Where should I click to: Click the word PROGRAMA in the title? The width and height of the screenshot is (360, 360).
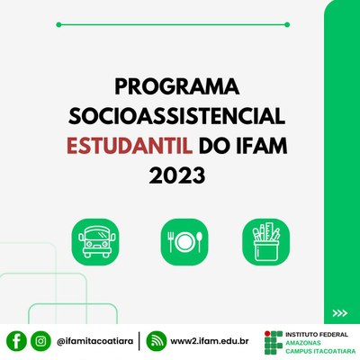pos(176,86)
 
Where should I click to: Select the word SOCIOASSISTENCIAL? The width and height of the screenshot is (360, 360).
pos(176,116)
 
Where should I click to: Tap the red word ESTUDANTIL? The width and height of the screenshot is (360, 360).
pos(130,146)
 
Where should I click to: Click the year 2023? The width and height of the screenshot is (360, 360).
pos(177,175)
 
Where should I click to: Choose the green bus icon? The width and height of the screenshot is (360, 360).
pos(95,242)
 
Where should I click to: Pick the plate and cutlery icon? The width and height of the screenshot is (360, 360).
pos(184,242)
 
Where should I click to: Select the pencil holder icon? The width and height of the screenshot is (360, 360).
pos(265,242)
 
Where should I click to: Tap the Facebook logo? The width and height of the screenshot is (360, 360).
pos(16,341)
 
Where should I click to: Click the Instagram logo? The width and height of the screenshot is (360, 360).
pos(40,341)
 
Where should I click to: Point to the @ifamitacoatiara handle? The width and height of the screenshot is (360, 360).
pos(94,341)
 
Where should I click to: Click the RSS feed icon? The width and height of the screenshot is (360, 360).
pos(157,341)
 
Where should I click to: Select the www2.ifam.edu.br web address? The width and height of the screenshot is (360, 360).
pos(210,341)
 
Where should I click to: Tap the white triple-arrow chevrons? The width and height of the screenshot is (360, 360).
pos(340,313)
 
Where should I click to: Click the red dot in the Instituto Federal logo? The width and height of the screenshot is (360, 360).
pos(267,334)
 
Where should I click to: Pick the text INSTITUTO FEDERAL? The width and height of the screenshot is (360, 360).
pos(317,334)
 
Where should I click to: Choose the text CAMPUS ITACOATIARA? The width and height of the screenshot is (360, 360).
pos(320,351)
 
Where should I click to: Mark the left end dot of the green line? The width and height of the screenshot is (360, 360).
pos(58,24)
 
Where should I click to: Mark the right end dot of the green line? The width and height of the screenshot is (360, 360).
pos(287,24)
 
